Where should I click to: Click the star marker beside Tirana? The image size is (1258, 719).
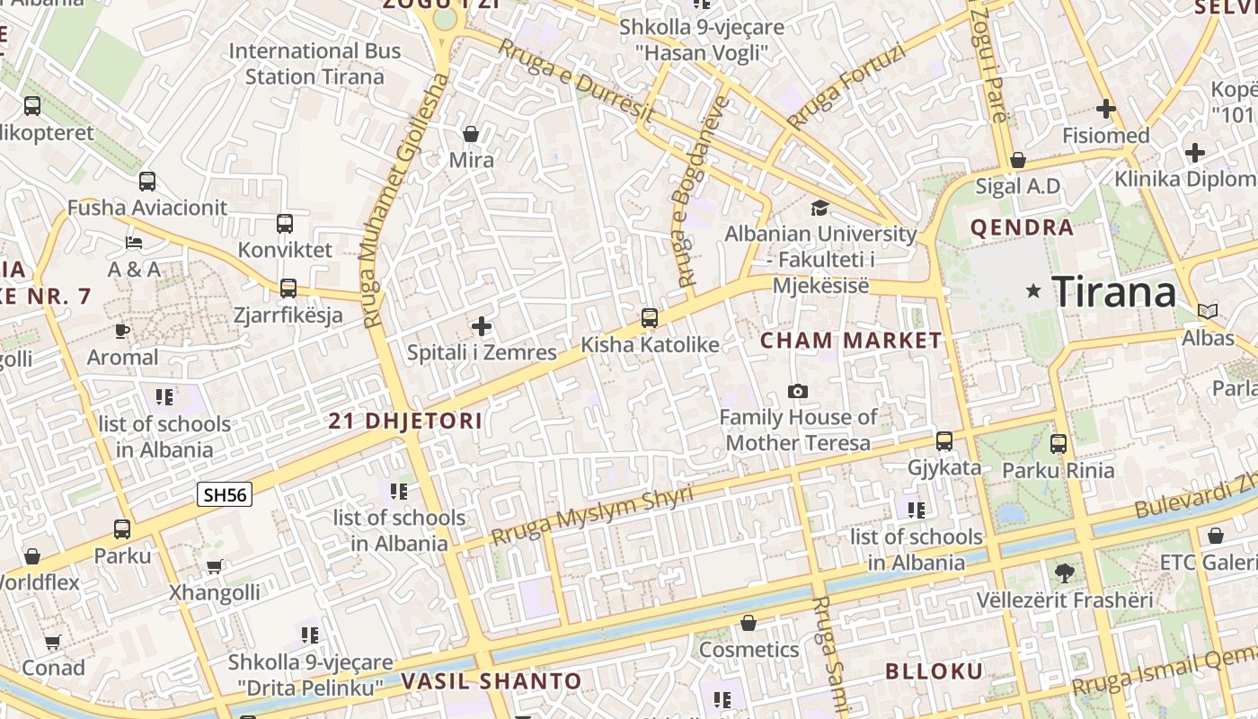tap(1034, 291)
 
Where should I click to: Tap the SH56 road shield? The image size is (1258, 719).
tap(225, 494)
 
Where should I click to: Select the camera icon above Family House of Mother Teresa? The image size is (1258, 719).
tap(797, 391)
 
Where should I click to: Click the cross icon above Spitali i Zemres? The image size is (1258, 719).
tap(482, 326)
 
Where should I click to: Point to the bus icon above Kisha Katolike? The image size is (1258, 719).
tap(650, 318)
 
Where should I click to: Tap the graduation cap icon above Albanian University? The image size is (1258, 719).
tap(819, 209)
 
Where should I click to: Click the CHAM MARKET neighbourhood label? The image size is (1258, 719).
tap(850, 341)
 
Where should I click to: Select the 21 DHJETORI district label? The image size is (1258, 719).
tap(405, 421)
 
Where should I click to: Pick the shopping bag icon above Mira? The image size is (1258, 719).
tap(470, 135)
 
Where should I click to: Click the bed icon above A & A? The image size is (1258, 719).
tap(134, 243)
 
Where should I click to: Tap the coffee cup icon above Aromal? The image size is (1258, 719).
tap(122, 331)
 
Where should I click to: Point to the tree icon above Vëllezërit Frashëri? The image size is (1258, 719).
tap(1064, 573)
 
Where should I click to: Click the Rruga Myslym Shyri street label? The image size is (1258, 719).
tap(592, 516)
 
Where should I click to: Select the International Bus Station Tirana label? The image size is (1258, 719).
tap(314, 63)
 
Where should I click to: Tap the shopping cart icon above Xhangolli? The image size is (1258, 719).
tap(215, 566)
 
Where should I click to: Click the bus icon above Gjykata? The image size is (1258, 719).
tap(943, 441)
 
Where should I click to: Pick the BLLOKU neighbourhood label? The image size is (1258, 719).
tap(935, 671)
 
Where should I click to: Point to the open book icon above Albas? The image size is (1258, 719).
tap(1208, 312)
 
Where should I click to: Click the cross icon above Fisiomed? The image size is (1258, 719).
tap(1105, 110)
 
